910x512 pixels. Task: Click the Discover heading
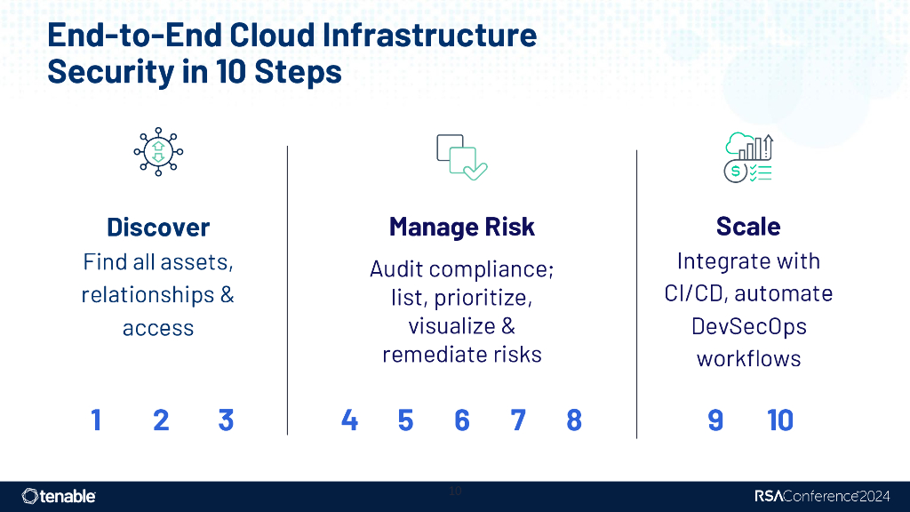coord(158,227)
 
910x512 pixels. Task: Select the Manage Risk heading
coord(462,227)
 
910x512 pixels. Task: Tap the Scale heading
coord(748,227)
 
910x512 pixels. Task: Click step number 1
coord(96,420)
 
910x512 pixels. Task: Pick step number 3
coord(226,420)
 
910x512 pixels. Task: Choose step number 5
coord(405,420)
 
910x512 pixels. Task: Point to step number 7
coord(518,420)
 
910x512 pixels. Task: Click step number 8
coord(574,420)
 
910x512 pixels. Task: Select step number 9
coord(715,420)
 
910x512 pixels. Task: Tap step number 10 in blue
coord(780,420)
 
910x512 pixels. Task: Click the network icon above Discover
coord(158,152)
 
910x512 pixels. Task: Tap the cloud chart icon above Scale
coord(749,157)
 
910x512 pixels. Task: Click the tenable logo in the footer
coord(59,496)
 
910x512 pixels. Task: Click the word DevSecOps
coord(748,326)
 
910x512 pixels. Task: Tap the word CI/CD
coord(696,293)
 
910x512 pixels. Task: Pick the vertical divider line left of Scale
coord(636,293)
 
